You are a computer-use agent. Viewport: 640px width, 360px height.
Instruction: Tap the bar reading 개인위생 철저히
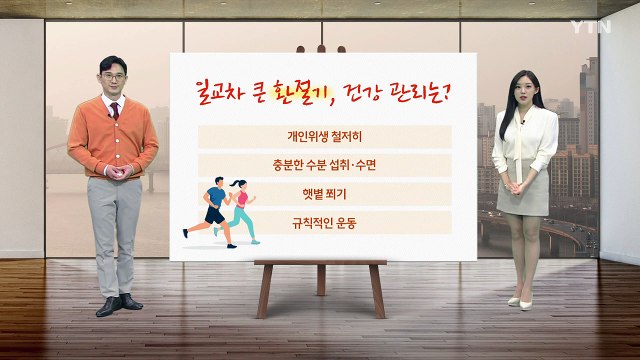tap(324, 136)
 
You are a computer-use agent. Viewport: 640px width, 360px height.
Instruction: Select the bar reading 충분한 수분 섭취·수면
tap(324, 165)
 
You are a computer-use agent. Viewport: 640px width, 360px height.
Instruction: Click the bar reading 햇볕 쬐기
tap(324, 193)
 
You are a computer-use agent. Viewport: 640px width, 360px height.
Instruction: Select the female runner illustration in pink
tap(240, 209)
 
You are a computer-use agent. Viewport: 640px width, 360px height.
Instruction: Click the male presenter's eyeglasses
tap(115, 74)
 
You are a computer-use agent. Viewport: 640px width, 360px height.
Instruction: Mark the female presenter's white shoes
tap(520, 301)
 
